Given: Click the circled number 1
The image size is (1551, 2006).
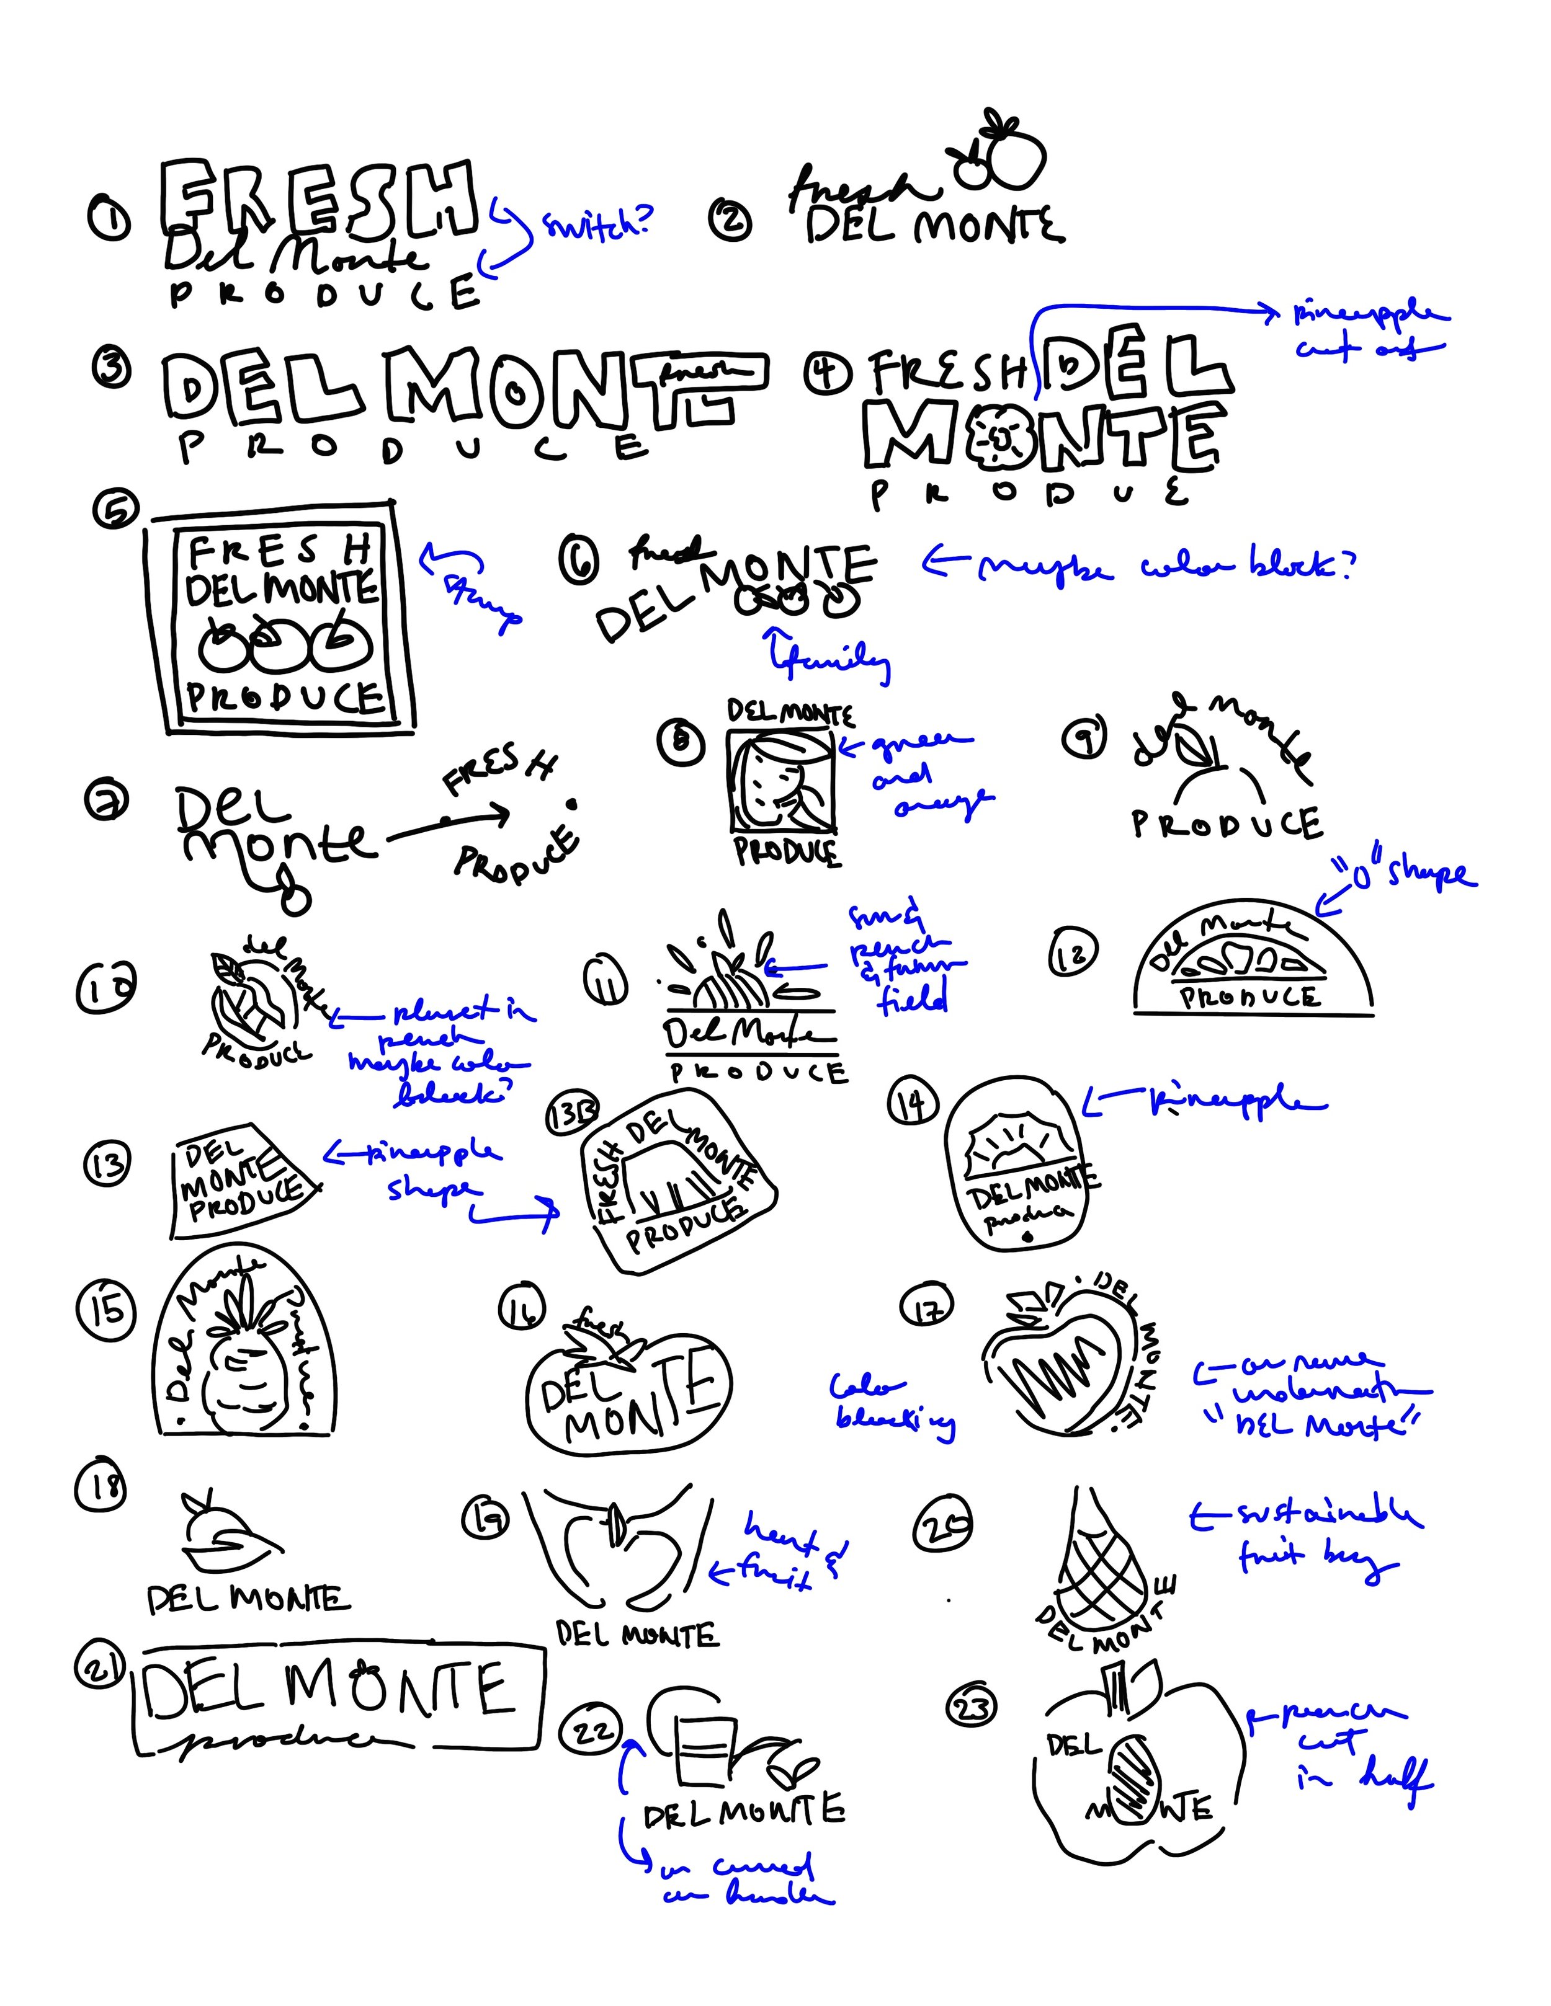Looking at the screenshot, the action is (x=109, y=220).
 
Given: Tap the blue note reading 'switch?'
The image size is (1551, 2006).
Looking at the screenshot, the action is (x=598, y=223).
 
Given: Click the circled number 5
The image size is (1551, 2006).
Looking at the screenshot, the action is (x=116, y=510).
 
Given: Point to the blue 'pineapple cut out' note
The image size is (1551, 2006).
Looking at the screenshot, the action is (x=1369, y=331).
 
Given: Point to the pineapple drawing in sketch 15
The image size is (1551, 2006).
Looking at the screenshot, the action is (x=241, y=1357).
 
